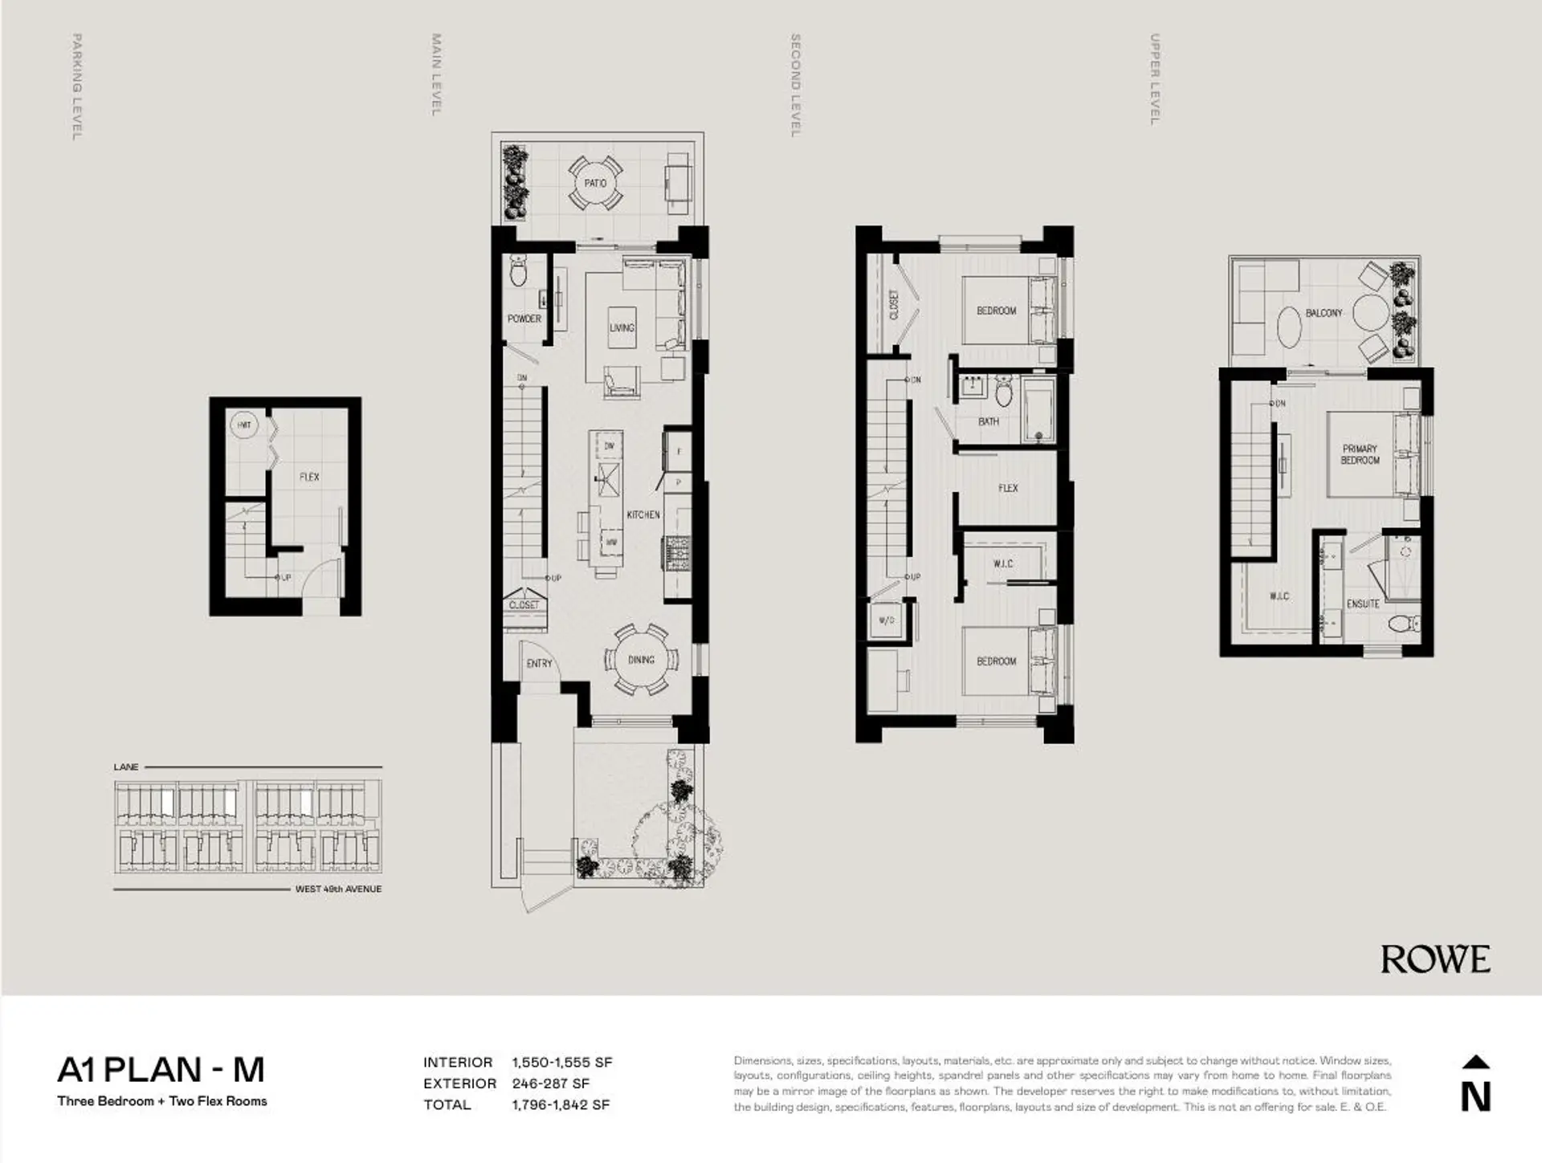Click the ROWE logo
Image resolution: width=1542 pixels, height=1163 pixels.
pyautogui.click(x=1435, y=959)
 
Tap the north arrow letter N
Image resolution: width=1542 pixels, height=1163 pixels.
pyautogui.click(x=1475, y=1096)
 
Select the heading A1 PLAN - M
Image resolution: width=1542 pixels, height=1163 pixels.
pyautogui.click(x=161, y=1069)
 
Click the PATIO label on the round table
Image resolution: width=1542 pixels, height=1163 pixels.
pyautogui.click(x=595, y=184)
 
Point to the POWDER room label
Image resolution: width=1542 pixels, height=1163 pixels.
pyautogui.click(x=524, y=319)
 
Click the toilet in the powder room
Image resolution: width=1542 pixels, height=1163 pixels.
pyautogui.click(x=519, y=273)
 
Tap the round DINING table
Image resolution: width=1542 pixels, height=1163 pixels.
pyautogui.click(x=641, y=660)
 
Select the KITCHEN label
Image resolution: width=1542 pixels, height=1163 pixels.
pyautogui.click(x=643, y=514)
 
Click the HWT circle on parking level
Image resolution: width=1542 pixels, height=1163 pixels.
pyautogui.click(x=244, y=425)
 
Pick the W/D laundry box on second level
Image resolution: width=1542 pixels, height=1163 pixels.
pyautogui.click(x=886, y=620)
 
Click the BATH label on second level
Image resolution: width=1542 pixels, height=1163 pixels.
pyautogui.click(x=989, y=421)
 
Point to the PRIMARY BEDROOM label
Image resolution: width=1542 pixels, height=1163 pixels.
pyautogui.click(x=1360, y=454)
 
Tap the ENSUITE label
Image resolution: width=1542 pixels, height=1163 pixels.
pyautogui.click(x=1363, y=604)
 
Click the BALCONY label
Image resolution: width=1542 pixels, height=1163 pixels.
pyautogui.click(x=1324, y=313)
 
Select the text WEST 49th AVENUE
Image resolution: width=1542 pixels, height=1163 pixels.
pyautogui.click(x=338, y=889)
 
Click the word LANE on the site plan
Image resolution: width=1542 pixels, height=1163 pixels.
pyautogui.click(x=126, y=767)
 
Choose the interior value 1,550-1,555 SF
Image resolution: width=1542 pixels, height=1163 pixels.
pyautogui.click(x=561, y=1062)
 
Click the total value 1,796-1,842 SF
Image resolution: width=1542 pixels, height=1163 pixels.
pyautogui.click(x=561, y=1104)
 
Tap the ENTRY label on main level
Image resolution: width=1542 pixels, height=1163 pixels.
pyautogui.click(x=539, y=664)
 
